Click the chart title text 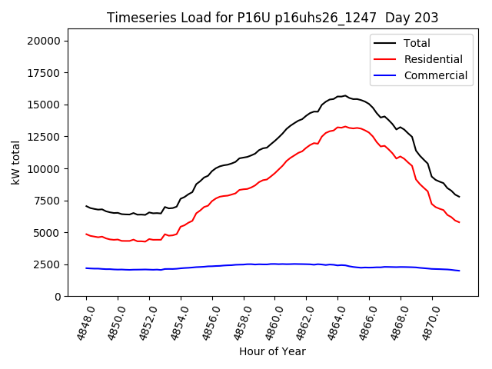point(273,18)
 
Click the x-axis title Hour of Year point(272,351)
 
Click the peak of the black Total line point(344,96)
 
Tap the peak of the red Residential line point(344,127)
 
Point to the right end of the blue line point(459,271)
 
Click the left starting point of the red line point(86,234)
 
